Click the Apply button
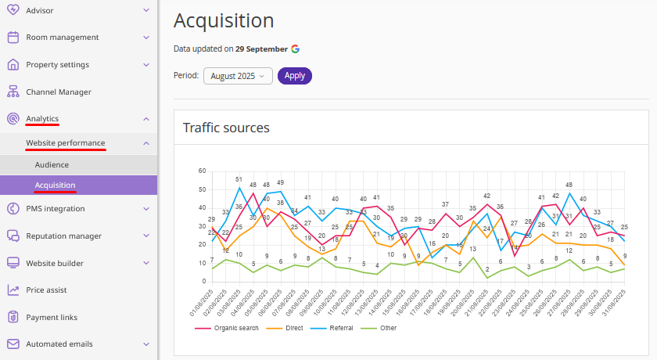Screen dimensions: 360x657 295,76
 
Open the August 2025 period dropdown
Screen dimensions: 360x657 238,76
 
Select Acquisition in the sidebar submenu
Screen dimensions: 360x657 55,185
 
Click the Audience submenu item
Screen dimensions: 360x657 52,165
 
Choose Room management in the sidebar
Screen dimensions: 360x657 62,37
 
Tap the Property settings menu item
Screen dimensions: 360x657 57,64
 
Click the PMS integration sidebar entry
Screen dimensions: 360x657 55,209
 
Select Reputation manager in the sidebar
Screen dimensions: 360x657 63,236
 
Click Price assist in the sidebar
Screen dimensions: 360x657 47,290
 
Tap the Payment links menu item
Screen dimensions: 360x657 52,317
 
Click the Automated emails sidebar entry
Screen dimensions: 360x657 59,344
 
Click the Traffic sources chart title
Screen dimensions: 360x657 226,128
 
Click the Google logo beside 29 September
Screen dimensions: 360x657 296,49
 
